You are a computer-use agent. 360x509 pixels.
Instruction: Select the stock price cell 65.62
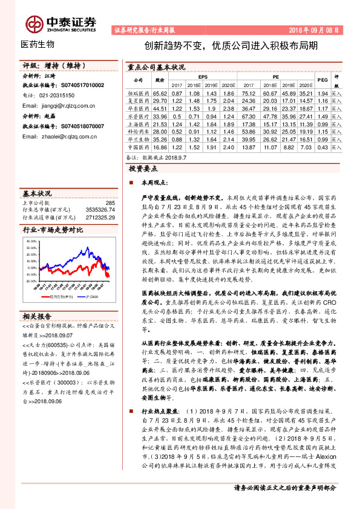(x=160, y=94)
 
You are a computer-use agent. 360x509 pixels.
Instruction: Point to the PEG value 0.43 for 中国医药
(x=322, y=146)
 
